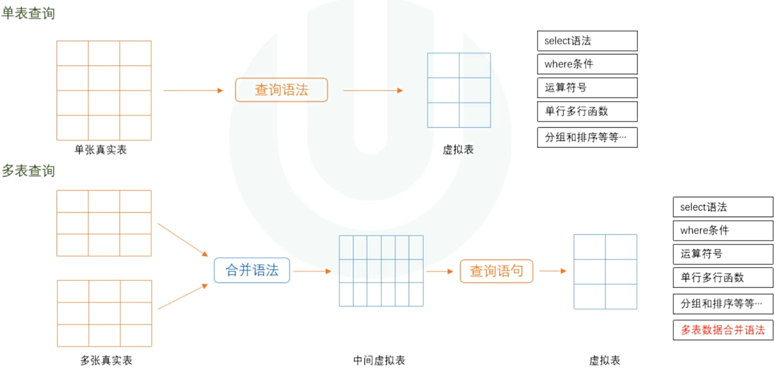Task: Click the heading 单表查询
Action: coord(28,13)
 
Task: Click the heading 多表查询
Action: coord(28,171)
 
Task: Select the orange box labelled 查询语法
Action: coord(281,90)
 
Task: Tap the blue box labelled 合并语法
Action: coord(252,270)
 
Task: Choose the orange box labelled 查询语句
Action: coord(496,271)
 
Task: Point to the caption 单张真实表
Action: coord(101,150)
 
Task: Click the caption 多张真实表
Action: coord(106,360)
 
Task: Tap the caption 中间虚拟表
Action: coord(379,360)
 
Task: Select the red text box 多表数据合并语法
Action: coord(723,330)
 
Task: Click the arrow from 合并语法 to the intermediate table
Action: coord(312,271)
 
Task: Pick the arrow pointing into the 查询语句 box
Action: coord(440,271)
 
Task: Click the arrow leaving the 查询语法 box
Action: coord(373,91)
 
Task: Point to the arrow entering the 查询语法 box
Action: coord(193,91)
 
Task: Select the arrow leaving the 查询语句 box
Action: coord(553,271)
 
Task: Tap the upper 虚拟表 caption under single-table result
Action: coord(458,150)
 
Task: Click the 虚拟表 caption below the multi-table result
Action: coord(605,360)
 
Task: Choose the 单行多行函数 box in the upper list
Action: coord(587,111)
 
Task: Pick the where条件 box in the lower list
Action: coord(723,230)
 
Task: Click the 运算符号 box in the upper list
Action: coord(587,88)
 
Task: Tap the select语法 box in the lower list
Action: coord(723,207)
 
